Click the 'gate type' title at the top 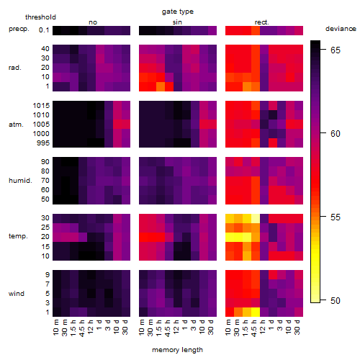178,12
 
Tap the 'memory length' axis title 177,350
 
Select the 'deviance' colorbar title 341,29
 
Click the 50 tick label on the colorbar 336,300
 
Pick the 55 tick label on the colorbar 336,217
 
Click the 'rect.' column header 262,22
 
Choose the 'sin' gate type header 177,22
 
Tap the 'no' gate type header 93,22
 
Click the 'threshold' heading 40,17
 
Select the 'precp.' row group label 19,29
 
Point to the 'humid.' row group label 20,180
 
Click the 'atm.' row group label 16,125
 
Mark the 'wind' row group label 17,293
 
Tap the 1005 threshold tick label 41,124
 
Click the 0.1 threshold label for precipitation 44,30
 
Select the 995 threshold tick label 43,143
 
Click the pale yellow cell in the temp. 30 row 256,218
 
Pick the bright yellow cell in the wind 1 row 256,312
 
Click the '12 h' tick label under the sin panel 176,327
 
